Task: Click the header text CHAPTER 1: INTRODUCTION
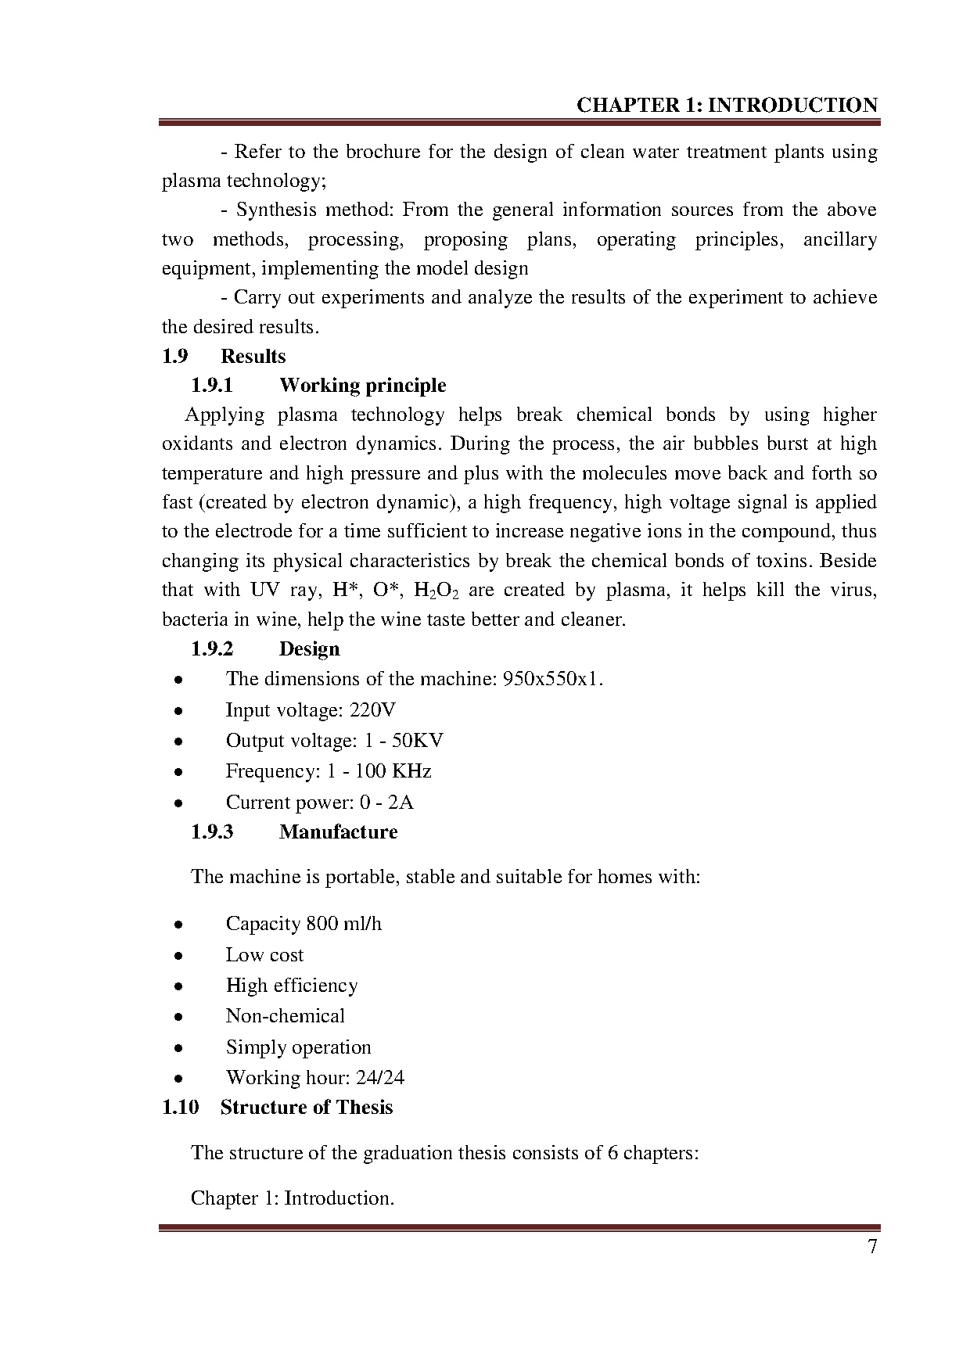click(727, 106)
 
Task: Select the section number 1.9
click(175, 357)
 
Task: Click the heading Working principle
click(362, 386)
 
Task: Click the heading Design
click(309, 649)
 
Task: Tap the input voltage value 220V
click(372, 710)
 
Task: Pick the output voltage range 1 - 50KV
click(404, 741)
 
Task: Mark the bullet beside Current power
click(179, 803)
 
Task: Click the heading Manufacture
click(338, 831)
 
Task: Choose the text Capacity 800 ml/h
click(304, 924)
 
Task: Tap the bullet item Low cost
click(264, 955)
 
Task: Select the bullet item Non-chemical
click(285, 1016)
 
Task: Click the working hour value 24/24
click(380, 1078)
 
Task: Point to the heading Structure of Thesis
click(306, 1108)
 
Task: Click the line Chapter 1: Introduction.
click(292, 1198)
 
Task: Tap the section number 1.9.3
click(212, 831)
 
